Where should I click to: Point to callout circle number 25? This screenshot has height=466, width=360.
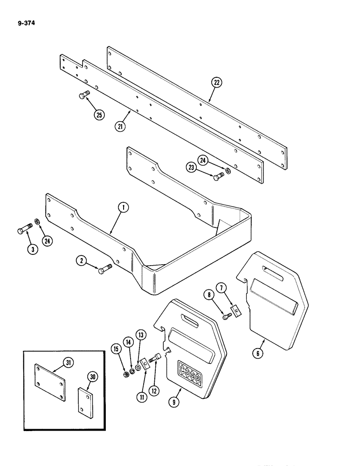point(98,115)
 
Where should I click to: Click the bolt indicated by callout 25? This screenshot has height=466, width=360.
point(83,96)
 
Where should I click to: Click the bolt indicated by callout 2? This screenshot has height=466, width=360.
point(105,268)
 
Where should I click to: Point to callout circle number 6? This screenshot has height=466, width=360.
point(259,353)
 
